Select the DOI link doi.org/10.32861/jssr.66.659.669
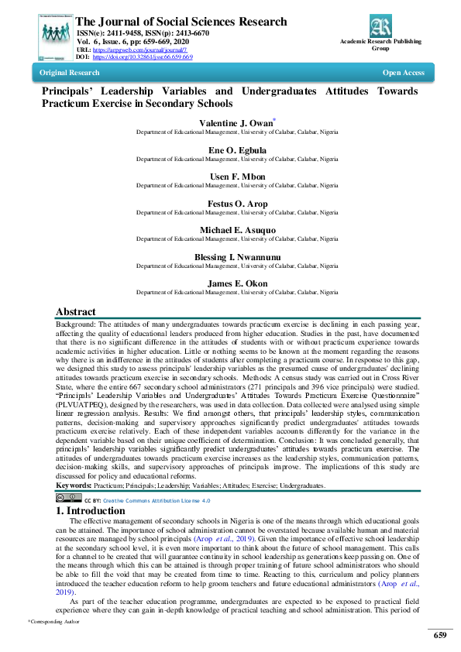(143, 57)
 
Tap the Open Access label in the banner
(404, 73)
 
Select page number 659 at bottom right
(440, 636)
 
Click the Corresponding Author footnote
(54, 622)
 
